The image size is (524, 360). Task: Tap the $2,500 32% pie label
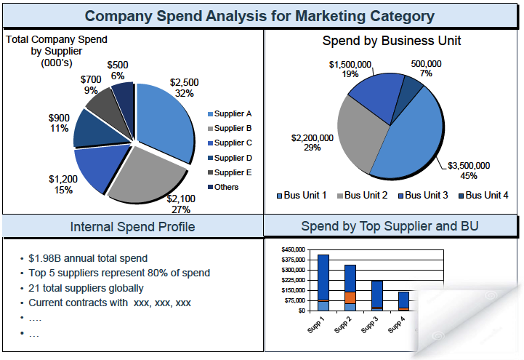click(184, 88)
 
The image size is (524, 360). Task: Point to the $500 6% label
click(118, 71)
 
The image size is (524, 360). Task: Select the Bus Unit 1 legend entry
click(301, 195)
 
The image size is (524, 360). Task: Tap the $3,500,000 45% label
click(468, 170)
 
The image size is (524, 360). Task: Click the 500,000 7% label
click(425, 68)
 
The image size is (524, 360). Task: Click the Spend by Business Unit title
click(392, 41)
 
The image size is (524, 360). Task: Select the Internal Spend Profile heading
click(132, 227)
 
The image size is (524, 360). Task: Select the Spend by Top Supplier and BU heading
click(390, 226)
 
